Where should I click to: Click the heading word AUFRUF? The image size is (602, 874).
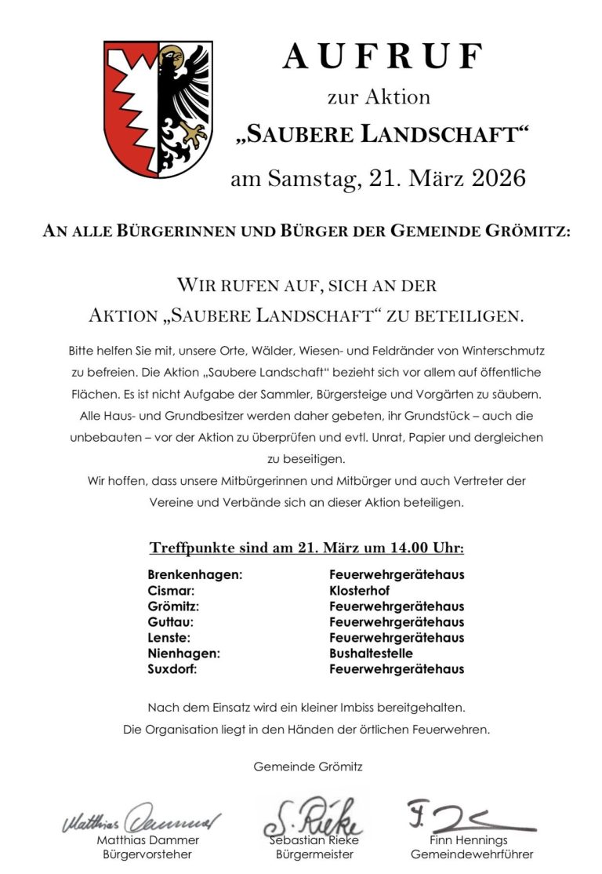pos(383,57)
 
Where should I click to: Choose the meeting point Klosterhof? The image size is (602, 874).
pos(360,590)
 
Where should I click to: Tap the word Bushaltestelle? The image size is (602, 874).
pos(371,653)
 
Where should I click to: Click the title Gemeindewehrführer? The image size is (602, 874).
pos(472,854)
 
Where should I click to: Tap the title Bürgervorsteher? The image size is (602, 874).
pos(147,854)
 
